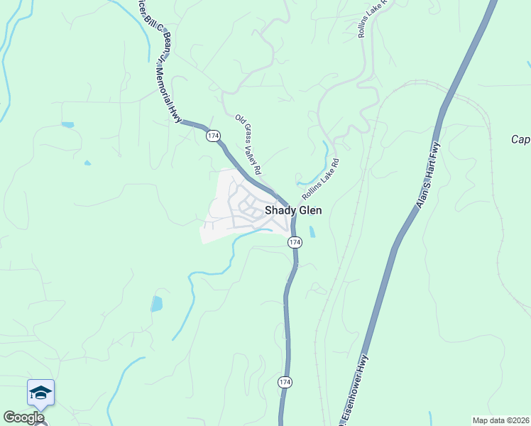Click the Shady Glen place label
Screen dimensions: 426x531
(293, 210)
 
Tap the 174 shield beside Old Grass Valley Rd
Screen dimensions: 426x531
(213, 135)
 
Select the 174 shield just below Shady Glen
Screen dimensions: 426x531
(295, 243)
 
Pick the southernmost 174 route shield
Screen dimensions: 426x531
(284, 382)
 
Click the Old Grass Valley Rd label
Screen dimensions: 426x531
(248, 145)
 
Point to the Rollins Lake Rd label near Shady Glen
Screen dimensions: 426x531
(320, 179)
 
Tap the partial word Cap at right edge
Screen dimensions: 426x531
(520, 139)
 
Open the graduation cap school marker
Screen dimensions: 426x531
(40, 393)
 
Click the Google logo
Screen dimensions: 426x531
(23, 417)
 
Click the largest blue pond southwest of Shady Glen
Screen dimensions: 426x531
(156, 304)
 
